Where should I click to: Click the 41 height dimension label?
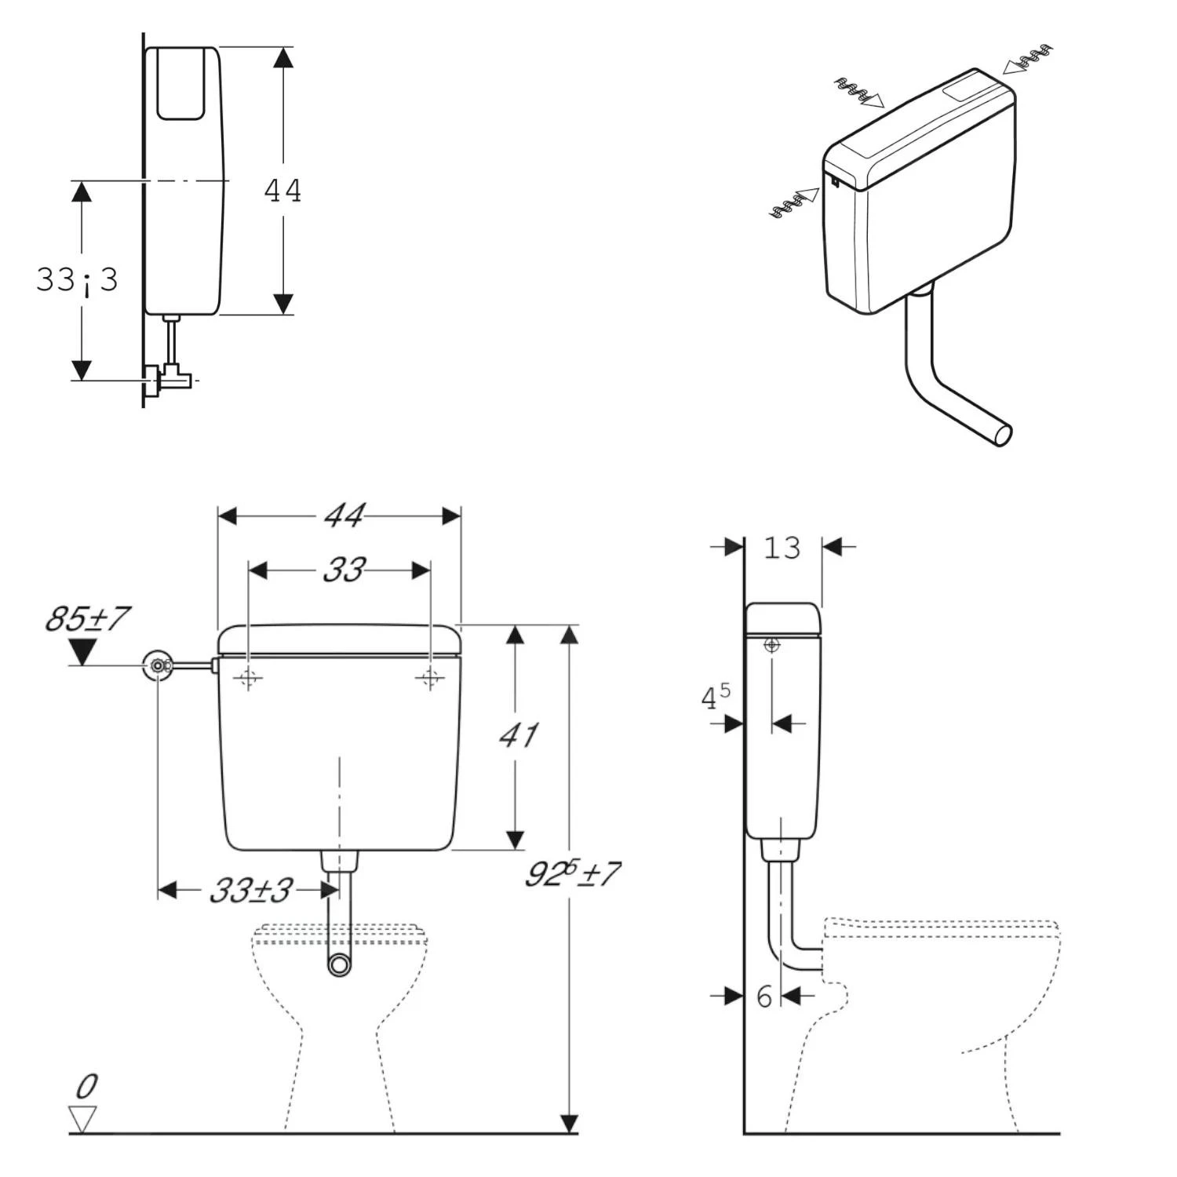(519, 735)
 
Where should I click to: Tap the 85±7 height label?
(87, 619)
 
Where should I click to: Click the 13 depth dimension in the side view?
(782, 547)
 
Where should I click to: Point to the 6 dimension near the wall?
(764, 997)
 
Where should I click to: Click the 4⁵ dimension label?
(715, 696)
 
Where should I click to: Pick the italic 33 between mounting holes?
(344, 570)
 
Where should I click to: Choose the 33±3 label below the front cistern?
(251, 891)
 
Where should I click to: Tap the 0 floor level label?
(87, 1087)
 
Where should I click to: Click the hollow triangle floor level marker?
(82, 1118)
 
